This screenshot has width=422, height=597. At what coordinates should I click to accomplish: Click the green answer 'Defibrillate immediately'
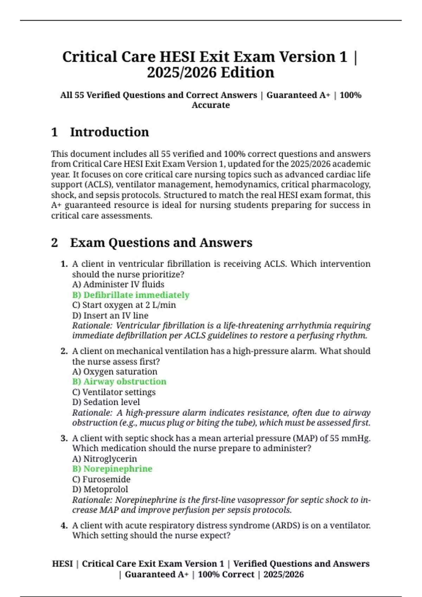(x=131, y=295)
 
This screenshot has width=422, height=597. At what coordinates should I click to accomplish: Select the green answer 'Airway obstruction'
(x=119, y=382)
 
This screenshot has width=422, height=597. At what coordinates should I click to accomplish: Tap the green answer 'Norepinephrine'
(x=112, y=469)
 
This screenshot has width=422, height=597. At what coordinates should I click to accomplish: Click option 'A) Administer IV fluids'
(x=118, y=284)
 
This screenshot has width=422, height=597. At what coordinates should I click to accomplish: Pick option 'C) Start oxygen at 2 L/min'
(x=124, y=305)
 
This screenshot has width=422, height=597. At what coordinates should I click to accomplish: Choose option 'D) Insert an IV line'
(x=110, y=315)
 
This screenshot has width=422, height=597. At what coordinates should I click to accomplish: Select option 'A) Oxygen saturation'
(x=115, y=372)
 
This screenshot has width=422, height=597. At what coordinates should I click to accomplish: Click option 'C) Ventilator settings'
(x=114, y=392)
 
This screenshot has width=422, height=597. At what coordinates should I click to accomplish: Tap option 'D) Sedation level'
(x=106, y=402)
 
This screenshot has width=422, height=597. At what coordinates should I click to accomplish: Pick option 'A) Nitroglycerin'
(x=104, y=459)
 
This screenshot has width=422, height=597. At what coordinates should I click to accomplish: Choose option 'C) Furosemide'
(x=101, y=479)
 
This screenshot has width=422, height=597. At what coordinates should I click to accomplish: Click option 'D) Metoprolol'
(x=100, y=489)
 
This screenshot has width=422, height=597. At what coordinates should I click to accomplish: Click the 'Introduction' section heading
(x=109, y=132)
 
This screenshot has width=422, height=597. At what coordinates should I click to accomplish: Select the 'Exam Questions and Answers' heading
(x=161, y=243)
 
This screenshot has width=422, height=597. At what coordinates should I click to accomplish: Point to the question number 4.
(x=64, y=526)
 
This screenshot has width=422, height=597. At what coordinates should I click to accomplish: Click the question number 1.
(x=64, y=264)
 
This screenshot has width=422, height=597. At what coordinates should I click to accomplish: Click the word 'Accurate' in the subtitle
(x=211, y=105)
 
